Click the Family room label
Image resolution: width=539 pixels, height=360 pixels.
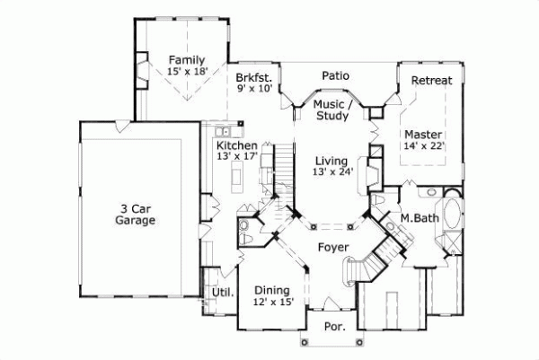tap(186, 60)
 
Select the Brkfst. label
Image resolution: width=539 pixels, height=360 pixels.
tap(254, 77)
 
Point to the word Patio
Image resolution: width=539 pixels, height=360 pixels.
tap(335, 75)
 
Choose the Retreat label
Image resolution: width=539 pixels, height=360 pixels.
tap(431, 80)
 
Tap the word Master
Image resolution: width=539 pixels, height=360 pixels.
tap(422, 134)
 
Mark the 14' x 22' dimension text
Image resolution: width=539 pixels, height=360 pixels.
tap(424, 145)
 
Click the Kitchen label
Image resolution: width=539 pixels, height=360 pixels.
tap(237, 145)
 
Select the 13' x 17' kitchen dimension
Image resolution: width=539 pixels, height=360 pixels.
tap(237, 156)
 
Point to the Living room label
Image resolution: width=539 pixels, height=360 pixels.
tap(331, 160)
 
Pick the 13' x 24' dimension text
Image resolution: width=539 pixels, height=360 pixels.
tap(332, 171)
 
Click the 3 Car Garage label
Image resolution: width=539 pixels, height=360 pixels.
tap(135, 213)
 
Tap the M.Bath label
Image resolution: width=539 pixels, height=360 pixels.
tap(418, 217)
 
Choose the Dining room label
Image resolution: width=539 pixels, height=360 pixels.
tap(271, 290)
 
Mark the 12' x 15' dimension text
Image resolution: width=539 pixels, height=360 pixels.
tap(271, 303)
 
